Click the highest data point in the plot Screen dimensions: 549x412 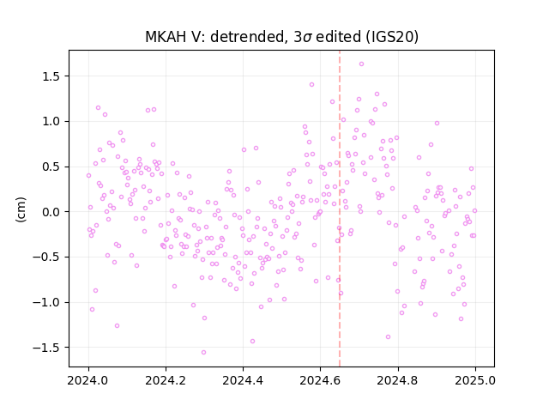pos(361,64)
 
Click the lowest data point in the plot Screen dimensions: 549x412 pos(203,353)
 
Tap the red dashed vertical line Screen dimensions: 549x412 pos(340,209)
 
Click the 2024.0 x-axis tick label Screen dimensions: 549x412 pos(88,380)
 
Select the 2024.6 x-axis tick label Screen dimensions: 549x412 pos(320,380)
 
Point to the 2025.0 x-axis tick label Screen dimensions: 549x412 pos(475,380)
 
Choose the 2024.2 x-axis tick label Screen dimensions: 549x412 pos(166,380)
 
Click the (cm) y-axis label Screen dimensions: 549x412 pos(21,209)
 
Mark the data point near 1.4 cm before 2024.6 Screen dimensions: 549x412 pos(311,84)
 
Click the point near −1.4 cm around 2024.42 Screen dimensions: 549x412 pos(252,342)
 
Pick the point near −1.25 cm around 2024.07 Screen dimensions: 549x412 pos(117,326)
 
